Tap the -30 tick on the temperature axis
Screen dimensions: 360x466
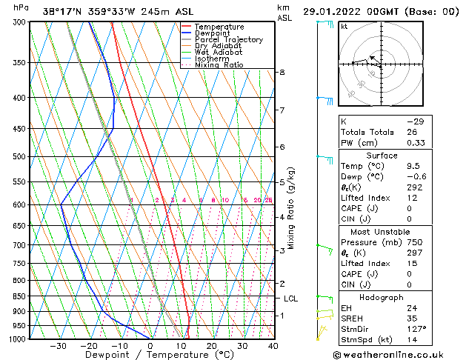coord(58,346)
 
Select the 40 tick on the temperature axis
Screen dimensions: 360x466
coord(273,346)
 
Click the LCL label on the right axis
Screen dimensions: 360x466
coord(290,299)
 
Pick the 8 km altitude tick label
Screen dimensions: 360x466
coord(282,72)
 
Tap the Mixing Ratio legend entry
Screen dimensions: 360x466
coord(219,65)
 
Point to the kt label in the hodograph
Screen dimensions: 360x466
coord(344,27)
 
